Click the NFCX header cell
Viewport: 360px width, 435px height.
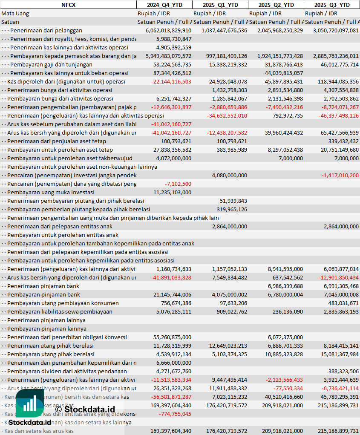pyautogui.click(x=68, y=5)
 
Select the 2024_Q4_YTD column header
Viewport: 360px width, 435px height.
pyautogui.click(x=164, y=5)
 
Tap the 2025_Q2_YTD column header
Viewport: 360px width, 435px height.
pyautogui.click(x=276, y=5)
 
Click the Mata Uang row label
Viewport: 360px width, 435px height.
pyautogui.click(x=15, y=13)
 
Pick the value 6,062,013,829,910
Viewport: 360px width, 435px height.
pyautogui.click(x=168, y=31)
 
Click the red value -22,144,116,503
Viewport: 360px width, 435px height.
pyautogui.click(x=171, y=81)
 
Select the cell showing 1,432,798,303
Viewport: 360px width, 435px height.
pyautogui.click(x=229, y=90)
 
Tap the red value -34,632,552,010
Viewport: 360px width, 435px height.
pyautogui.click(x=227, y=115)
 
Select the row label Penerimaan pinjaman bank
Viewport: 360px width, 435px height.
pyautogui.click(x=43, y=286)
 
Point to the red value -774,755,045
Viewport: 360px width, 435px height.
pyautogui.click(x=175, y=414)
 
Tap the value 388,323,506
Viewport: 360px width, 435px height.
pyautogui.click(x=343, y=371)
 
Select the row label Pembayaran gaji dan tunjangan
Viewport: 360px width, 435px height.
pyautogui.click(x=51, y=64)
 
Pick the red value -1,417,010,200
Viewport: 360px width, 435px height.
pyautogui.click(x=340, y=175)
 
